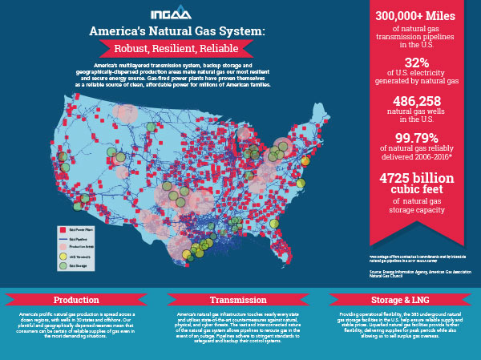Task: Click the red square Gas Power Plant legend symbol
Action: (x=63, y=229)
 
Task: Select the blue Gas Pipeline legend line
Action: (x=63, y=240)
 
